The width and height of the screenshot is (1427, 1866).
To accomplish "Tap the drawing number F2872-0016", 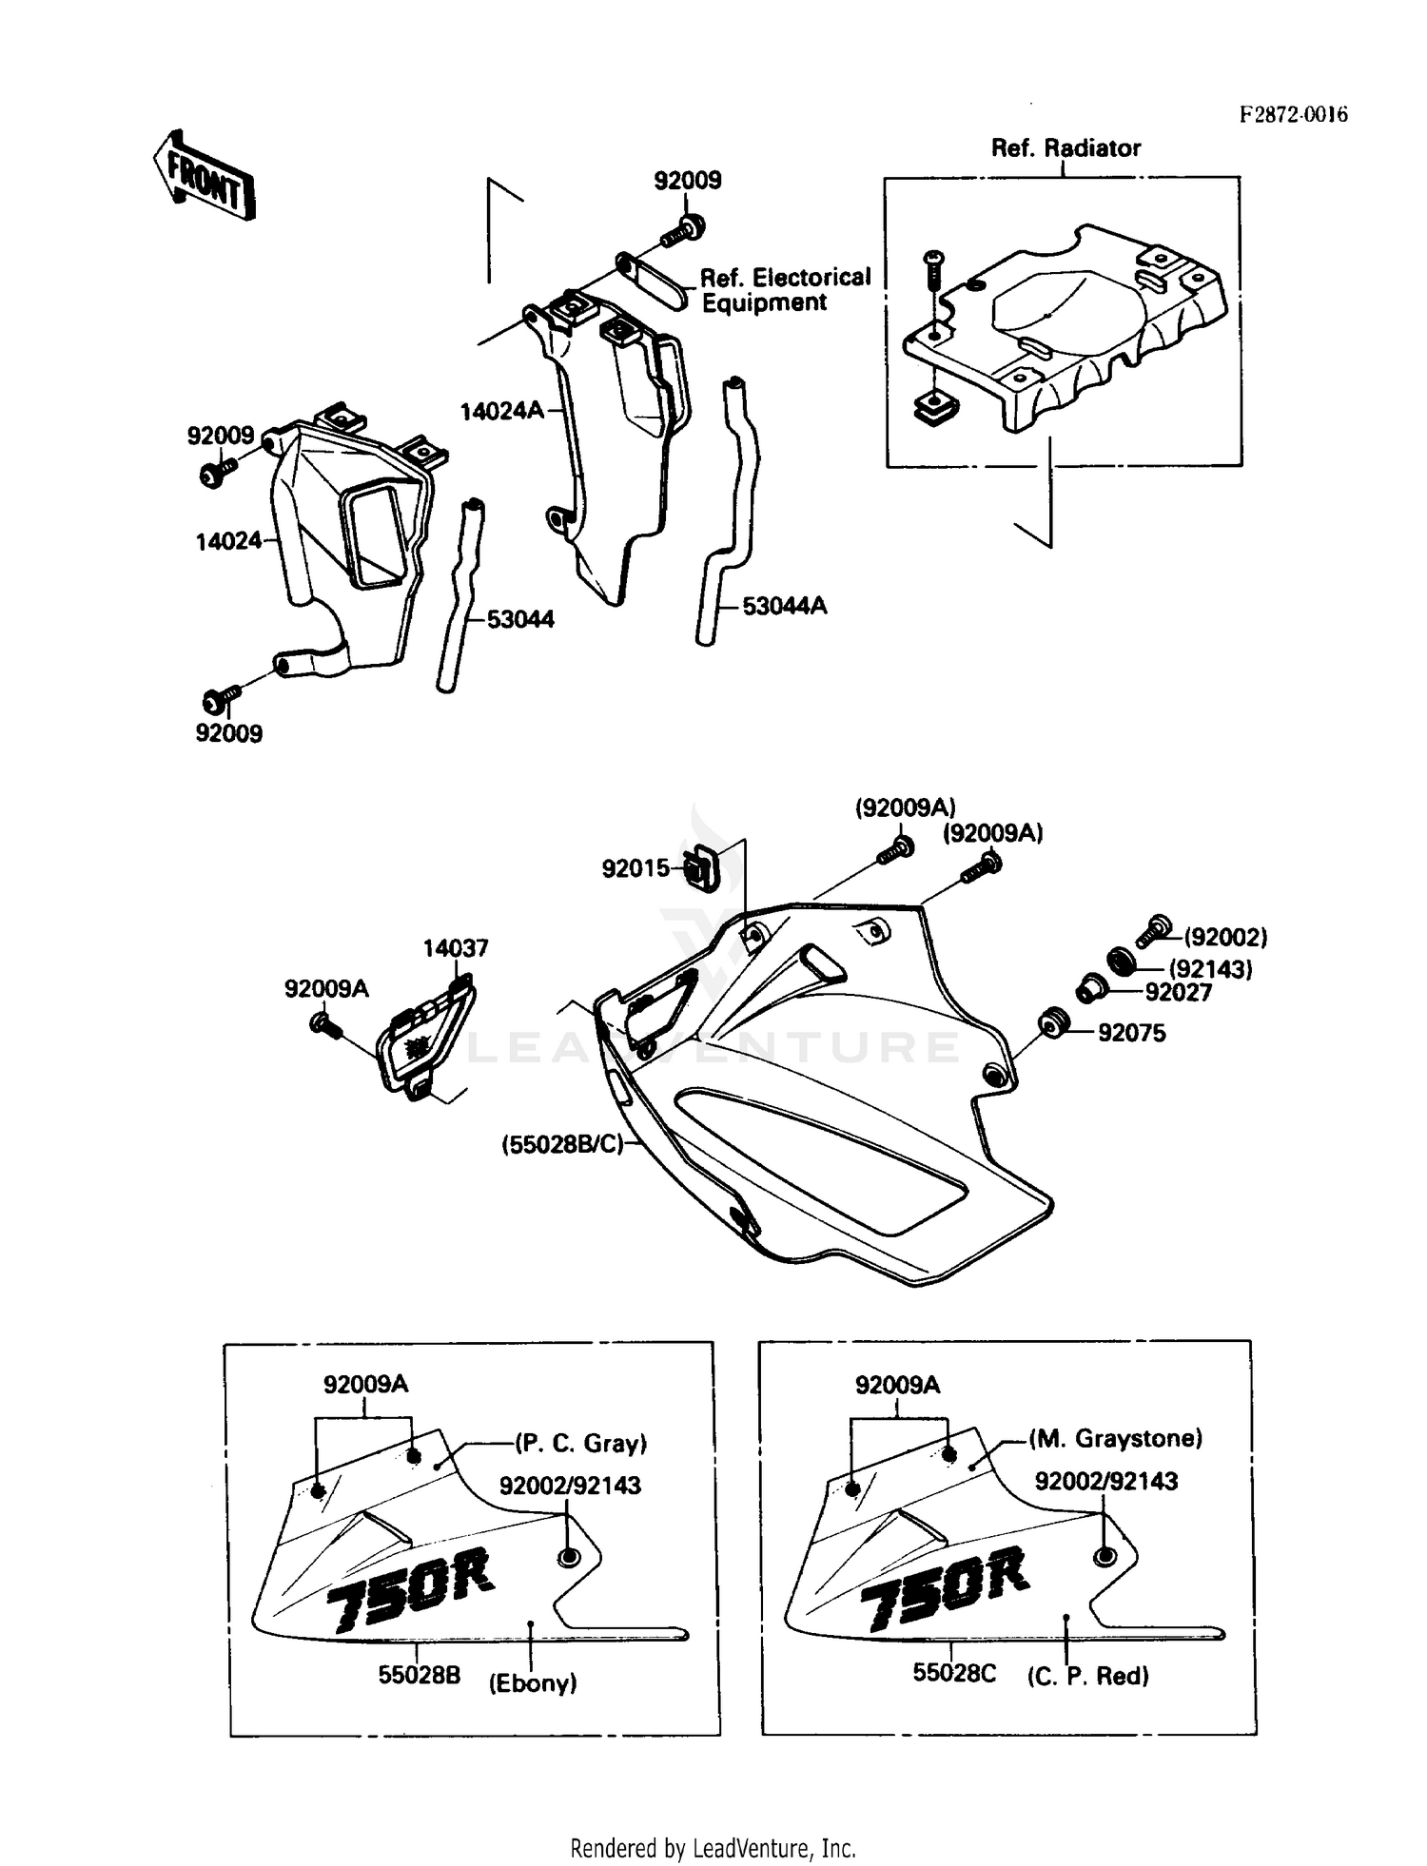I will point(1293,114).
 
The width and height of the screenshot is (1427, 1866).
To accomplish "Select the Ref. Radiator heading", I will point(1065,148).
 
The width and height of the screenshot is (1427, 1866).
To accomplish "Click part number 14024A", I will point(501,411).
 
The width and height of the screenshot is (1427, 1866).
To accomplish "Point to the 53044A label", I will point(784,606).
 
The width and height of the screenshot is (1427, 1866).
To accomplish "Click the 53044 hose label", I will point(520,620).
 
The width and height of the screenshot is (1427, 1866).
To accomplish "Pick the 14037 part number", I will point(456,948).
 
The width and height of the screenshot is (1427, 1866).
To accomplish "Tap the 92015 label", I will point(635,868).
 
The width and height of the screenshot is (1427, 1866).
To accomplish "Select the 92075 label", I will point(1131,1033).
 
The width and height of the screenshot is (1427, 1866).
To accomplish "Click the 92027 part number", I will point(1178,993).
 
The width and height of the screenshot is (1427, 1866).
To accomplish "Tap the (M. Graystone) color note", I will point(1115,1439).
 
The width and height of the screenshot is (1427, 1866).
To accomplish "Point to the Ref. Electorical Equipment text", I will point(784,290).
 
